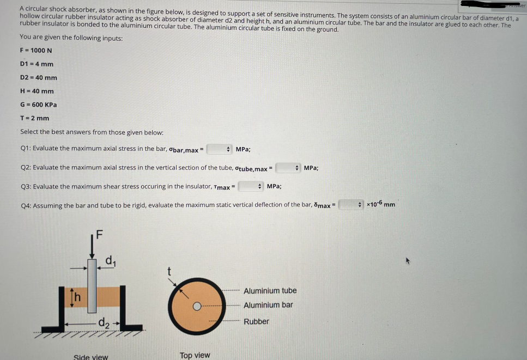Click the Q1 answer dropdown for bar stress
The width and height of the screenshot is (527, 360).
pos(220,149)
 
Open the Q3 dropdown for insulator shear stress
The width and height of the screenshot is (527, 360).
pos(252,186)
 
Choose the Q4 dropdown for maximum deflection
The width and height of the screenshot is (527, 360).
pos(352,205)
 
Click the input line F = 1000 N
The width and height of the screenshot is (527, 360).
pos(36,51)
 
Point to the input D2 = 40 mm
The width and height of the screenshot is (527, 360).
pos(38,78)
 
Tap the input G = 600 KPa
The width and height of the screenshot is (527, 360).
pos(38,105)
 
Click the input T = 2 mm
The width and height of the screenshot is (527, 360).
pos(34,118)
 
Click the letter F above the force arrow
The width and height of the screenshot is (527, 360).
pos(99,236)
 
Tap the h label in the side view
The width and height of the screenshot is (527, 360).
pos(77,297)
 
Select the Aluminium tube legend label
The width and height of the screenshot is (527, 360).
pos(270,291)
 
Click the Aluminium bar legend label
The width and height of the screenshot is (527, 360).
pos(268,305)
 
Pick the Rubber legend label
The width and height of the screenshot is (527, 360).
pos(256,321)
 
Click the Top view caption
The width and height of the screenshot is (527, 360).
pos(195,355)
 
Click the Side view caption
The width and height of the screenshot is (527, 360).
pos(91,357)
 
